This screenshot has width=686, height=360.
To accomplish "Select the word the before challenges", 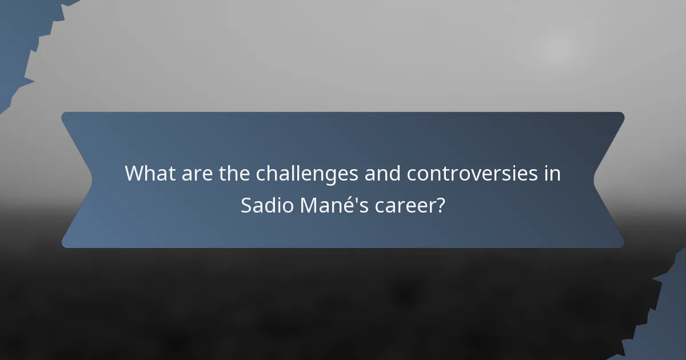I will click(235, 173).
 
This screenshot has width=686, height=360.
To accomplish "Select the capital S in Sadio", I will click(246, 205).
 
